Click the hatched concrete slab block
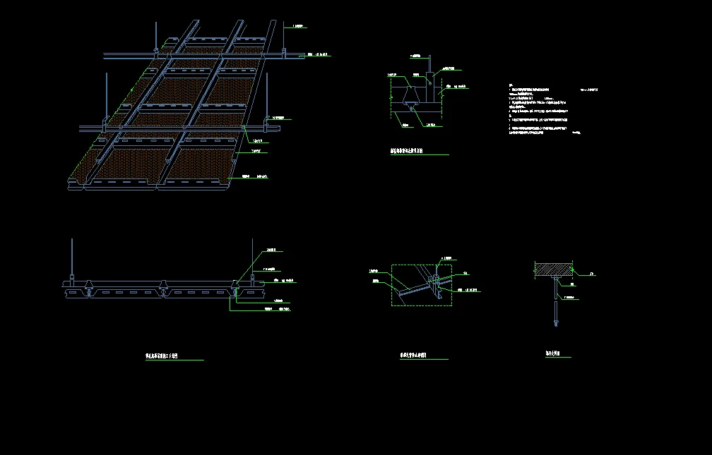554,269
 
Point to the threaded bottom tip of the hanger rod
556,324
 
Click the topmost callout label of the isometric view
298,27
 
